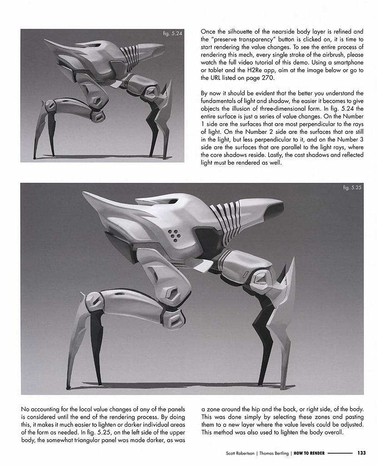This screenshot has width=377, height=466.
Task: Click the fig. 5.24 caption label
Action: tap(172, 33)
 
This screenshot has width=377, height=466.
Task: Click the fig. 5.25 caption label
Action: tap(352, 187)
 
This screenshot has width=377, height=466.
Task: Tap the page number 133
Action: tap(362, 453)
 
